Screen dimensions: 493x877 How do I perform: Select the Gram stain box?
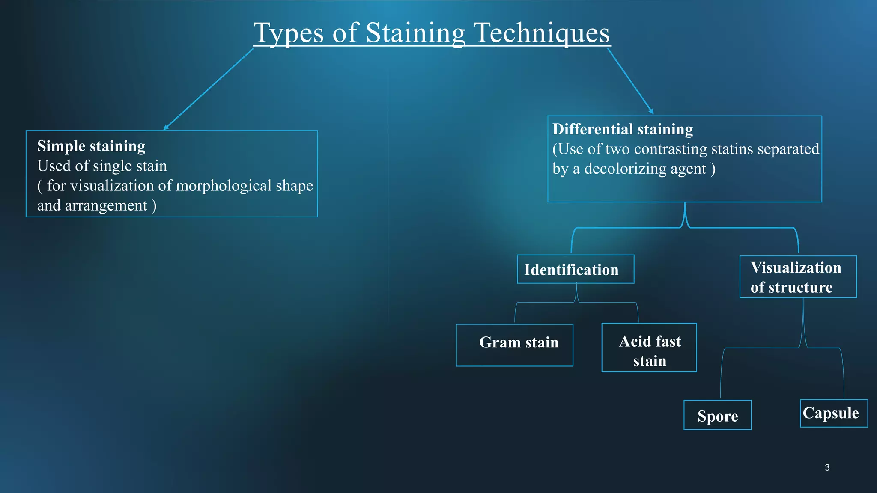tap(514, 345)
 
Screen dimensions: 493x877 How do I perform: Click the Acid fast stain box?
tap(649, 347)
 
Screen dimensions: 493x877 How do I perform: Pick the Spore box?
tap(717, 415)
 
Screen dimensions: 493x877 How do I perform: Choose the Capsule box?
tap(833, 413)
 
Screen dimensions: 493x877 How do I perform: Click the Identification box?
tap(575, 269)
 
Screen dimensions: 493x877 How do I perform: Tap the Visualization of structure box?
tap(798, 277)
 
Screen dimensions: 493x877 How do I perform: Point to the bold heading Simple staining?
tap(91, 146)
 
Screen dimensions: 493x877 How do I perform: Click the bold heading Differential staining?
tap(622, 129)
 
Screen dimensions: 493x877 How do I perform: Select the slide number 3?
tap(827, 468)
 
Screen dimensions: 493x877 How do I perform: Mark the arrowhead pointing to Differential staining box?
tap(651, 111)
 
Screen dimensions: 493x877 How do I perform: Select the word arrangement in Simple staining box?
tap(106, 206)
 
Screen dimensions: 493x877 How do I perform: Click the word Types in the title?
tap(288, 33)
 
